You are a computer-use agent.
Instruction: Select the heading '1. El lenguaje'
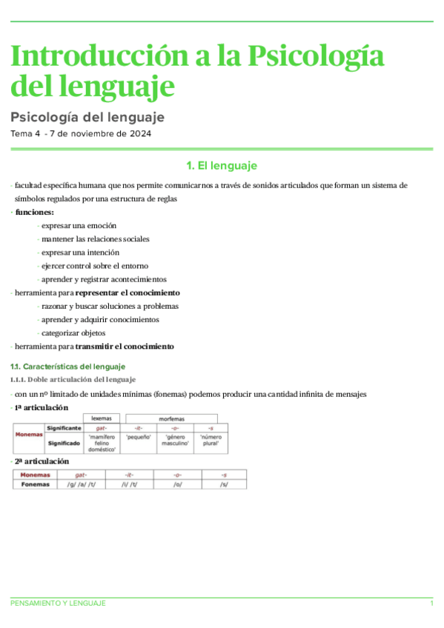(x=222, y=166)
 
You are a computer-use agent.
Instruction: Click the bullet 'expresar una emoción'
(x=79, y=226)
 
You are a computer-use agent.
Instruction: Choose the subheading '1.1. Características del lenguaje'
(x=67, y=367)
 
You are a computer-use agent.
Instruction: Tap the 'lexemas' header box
(x=102, y=418)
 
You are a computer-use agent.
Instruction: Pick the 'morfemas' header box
(x=171, y=418)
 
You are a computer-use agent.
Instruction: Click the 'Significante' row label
(x=64, y=428)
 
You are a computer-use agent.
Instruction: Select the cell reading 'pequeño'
(x=139, y=438)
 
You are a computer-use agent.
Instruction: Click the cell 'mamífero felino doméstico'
(x=102, y=443)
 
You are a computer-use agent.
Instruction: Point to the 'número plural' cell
(x=211, y=441)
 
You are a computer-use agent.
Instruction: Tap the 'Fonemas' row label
(x=36, y=484)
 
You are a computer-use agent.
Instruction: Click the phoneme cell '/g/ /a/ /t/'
(x=82, y=484)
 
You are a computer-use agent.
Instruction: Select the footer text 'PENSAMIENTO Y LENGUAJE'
(x=58, y=604)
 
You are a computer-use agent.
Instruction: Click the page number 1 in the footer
(x=431, y=604)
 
